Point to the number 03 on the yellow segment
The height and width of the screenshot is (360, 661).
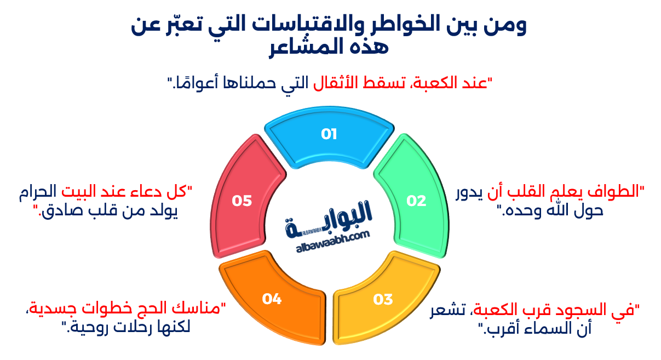click(383, 299)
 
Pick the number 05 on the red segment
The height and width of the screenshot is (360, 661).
click(242, 201)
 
